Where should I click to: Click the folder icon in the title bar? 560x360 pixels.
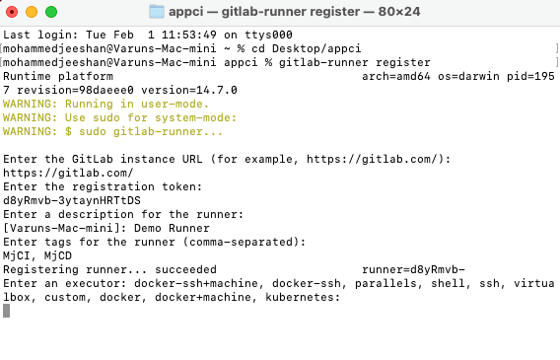157,12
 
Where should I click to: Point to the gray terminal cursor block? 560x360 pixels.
7,310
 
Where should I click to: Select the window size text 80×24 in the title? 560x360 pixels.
387,12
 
